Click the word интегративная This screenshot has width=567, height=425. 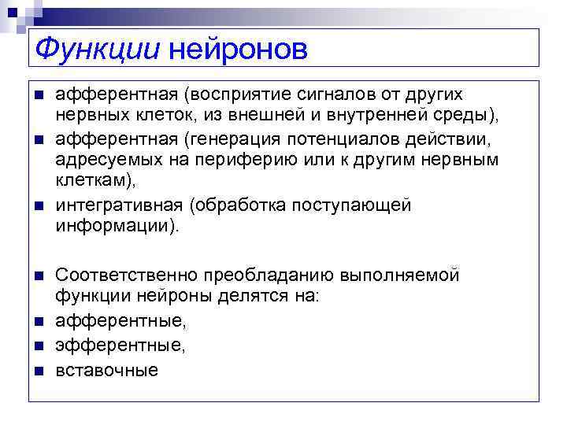click(x=119, y=206)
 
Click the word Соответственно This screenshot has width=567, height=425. click(x=127, y=276)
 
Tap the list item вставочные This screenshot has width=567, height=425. click(x=106, y=369)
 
